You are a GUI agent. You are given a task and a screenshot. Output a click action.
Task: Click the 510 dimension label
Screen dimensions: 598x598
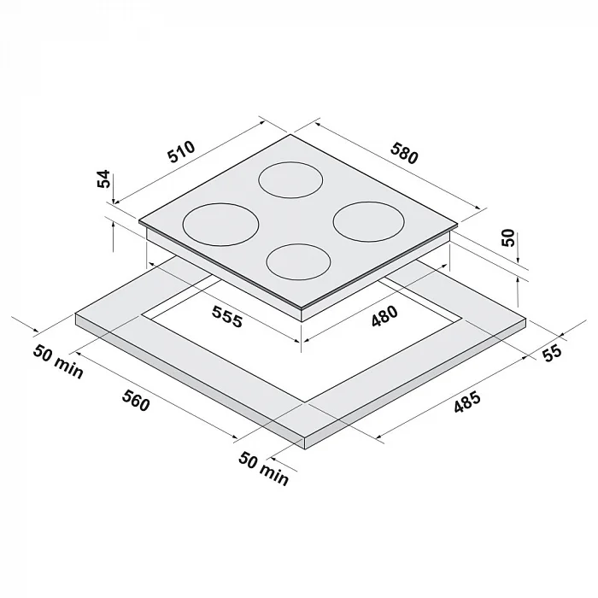pos(182,153)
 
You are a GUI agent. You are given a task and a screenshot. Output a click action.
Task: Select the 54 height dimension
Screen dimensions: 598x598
pos(103,180)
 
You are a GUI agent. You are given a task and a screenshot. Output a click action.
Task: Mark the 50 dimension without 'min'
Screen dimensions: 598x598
pos(507,238)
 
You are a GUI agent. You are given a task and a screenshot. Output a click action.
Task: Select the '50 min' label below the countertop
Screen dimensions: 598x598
pos(264,468)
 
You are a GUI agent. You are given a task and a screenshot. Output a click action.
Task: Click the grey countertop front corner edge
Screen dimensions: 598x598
pos(306,440)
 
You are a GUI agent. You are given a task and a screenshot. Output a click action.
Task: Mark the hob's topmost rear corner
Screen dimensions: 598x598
pos(291,134)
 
